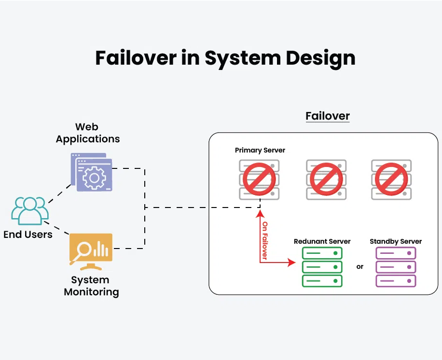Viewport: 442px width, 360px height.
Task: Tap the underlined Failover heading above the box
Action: (327, 116)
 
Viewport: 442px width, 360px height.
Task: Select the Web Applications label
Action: (87, 133)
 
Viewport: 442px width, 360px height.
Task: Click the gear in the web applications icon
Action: (94, 178)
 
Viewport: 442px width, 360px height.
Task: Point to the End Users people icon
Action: (30, 210)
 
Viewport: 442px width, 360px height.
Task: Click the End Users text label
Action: (28, 235)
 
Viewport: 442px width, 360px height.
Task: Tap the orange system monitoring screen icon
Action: (91, 249)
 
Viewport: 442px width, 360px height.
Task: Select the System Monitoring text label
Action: (91, 286)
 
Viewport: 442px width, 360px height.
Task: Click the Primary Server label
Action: (260, 151)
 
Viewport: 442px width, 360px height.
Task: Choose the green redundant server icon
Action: (322, 267)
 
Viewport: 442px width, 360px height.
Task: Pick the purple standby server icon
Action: (395, 267)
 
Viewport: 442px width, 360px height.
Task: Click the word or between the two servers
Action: (360, 267)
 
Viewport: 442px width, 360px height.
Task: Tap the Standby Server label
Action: (396, 241)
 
